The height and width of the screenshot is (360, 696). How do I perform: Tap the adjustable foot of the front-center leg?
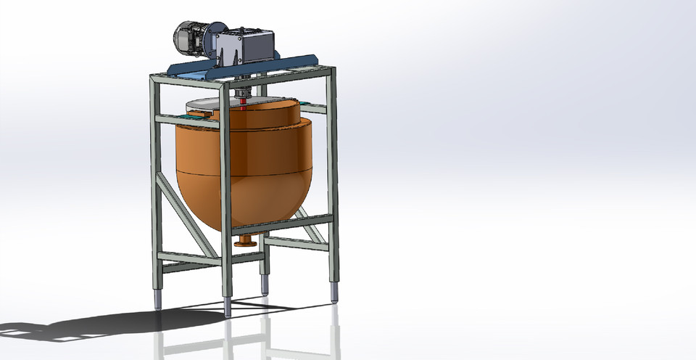point(228,306)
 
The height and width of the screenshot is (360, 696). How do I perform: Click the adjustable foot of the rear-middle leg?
point(264,284)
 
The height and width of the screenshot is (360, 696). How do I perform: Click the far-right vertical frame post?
point(332,174)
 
